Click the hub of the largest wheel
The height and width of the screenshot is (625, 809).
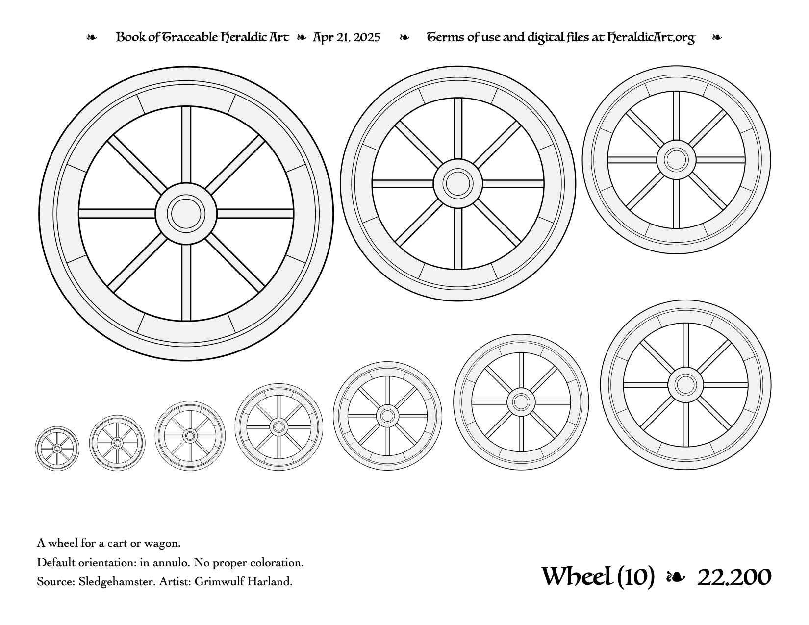click(186, 214)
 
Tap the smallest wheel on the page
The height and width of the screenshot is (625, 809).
click(57, 449)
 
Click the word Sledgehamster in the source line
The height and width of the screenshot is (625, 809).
click(117, 581)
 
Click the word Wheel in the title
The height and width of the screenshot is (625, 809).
click(577, 576)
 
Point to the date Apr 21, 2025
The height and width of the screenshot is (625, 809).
click(346, 37)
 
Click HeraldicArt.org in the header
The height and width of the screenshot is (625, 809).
click(651, 38)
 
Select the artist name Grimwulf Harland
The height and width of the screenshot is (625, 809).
click(243, 581)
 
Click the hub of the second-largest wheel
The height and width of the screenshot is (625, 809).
click(458, 183)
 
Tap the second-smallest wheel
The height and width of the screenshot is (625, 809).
click(117, 443)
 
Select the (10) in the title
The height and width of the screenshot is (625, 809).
click(636, 577)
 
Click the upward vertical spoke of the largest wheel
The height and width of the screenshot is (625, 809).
click(186, 145)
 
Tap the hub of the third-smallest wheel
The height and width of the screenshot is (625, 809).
click(190, 435)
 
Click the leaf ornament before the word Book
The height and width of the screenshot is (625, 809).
click(92, 37)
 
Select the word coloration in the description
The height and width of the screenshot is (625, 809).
click(277, 562)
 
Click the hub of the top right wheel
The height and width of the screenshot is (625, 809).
click(676, 160)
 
